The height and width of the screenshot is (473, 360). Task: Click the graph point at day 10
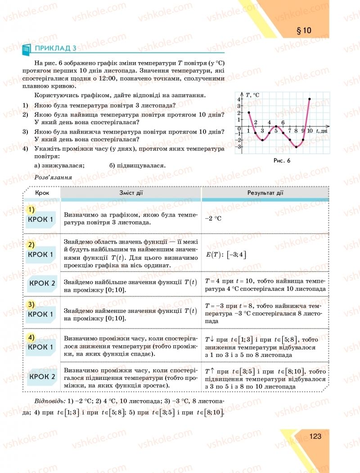click(310, 99)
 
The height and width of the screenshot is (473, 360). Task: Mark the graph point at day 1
click(248, 113)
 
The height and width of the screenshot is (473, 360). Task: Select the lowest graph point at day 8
click(296, 147)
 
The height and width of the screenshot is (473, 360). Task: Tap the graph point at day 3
click(262, 140)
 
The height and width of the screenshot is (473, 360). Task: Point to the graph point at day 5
click(276, 126)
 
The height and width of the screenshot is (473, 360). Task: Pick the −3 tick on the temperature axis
click(238, 147)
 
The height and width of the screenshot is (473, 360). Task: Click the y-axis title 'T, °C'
click(253, 95)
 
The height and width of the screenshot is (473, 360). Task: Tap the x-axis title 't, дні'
click(321, 131)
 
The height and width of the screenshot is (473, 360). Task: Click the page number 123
click(315, 436)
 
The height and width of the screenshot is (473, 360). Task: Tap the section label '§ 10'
click(304, 31)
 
